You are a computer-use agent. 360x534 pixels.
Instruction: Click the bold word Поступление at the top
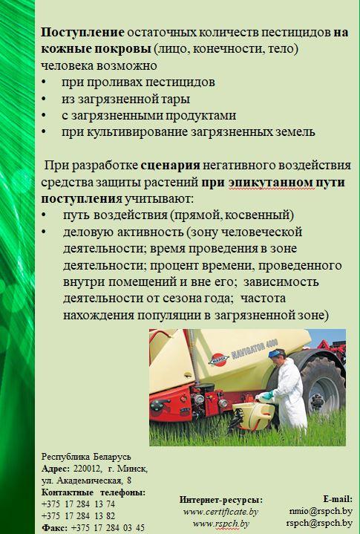82,33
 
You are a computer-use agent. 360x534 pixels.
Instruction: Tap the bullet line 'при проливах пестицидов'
138,82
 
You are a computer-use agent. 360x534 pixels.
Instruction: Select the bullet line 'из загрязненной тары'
125,99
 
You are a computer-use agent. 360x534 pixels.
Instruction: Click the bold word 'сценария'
171,166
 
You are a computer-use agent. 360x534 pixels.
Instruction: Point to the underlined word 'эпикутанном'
271,183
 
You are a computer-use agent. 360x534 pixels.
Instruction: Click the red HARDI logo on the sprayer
218,359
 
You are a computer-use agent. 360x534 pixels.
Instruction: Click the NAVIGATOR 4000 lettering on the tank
255,349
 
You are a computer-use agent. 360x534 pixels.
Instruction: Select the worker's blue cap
276,354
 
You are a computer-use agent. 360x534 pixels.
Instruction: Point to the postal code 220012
87,469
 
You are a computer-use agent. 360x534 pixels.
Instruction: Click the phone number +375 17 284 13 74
78,504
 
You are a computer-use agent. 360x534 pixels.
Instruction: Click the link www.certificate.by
221,512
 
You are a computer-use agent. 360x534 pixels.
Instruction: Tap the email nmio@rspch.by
321,511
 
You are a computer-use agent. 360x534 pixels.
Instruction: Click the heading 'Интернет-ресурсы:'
221,500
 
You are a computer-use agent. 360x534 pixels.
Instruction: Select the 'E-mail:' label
338,499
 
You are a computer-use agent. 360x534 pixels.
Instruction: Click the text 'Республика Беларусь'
86,457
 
